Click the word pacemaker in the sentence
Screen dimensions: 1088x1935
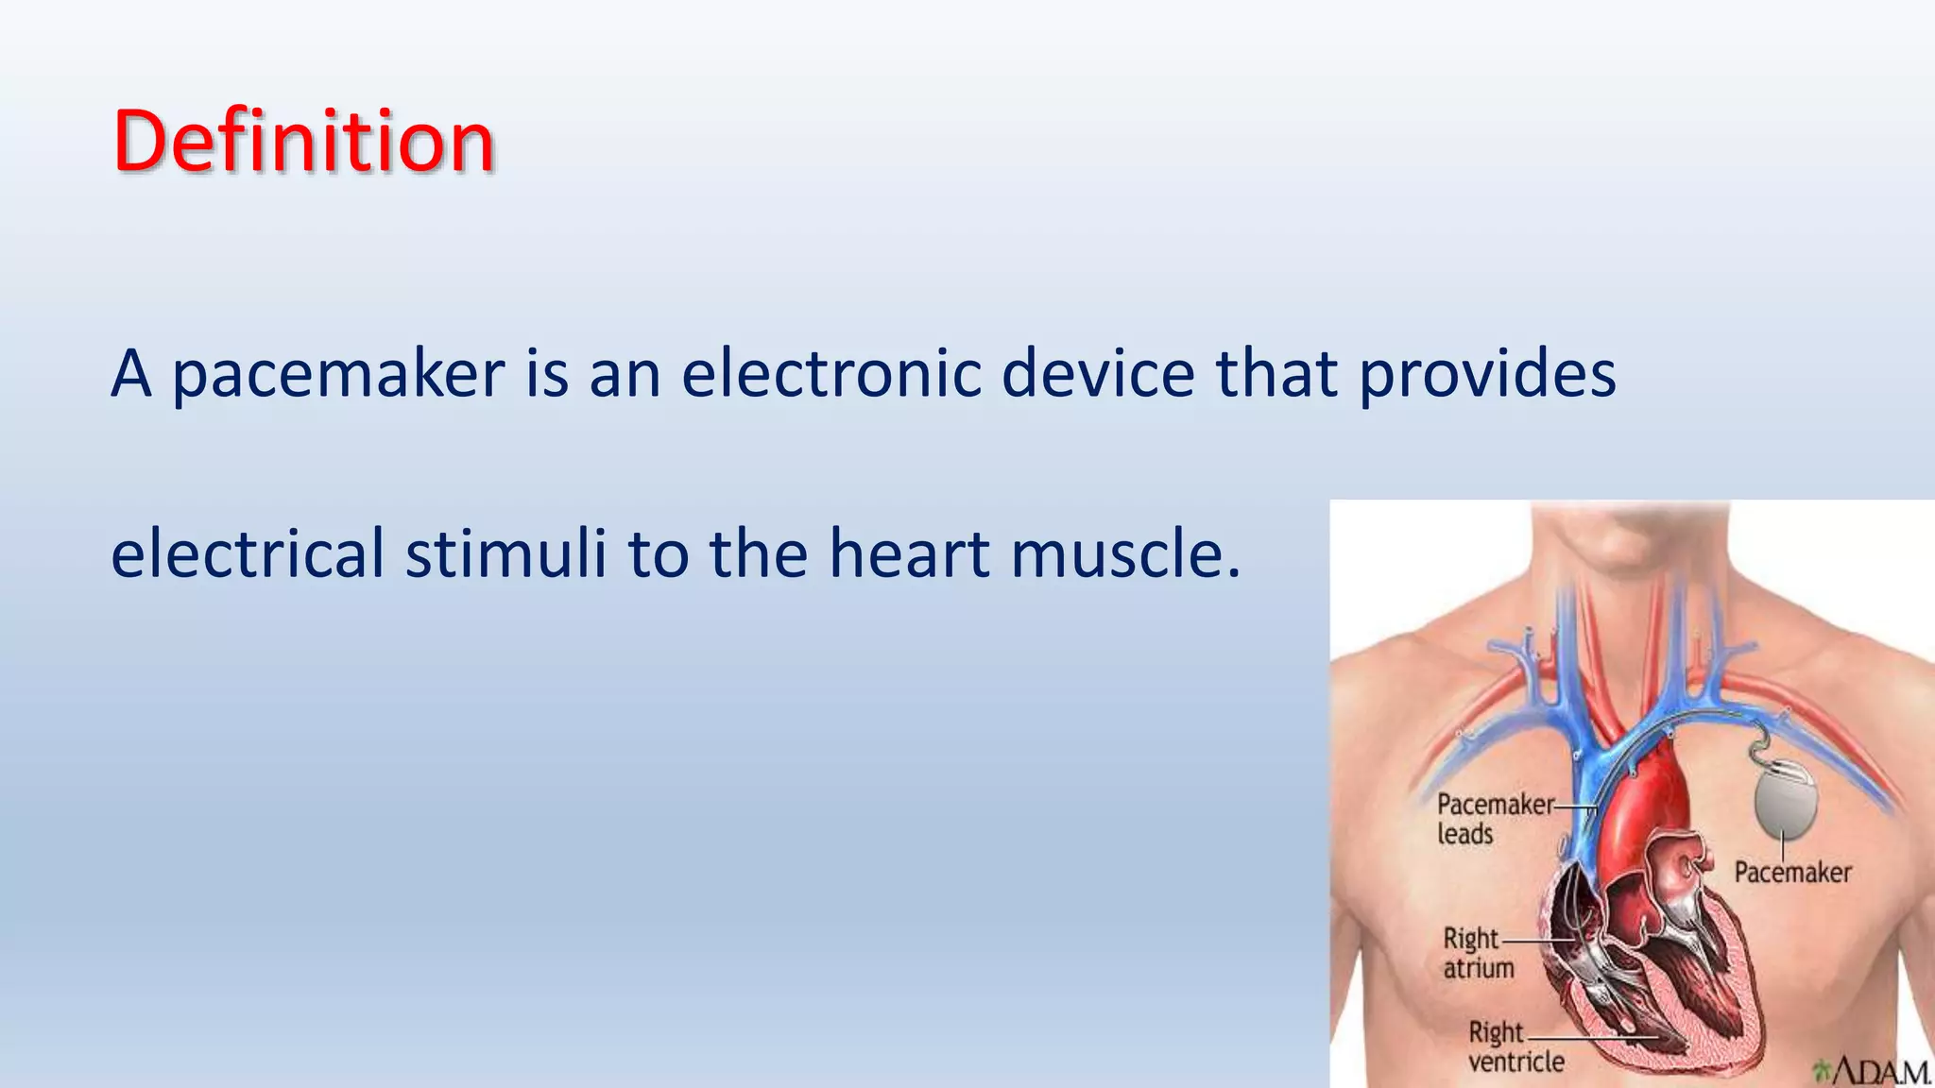[338, 374]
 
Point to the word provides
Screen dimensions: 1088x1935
[1486, 374]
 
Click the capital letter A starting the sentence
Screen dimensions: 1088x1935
[131, 374]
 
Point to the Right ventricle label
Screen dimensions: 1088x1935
[1514, 1046]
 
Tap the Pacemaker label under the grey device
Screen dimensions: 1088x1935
[1792, 872]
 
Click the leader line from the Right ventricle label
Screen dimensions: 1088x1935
[1597, 1037]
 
